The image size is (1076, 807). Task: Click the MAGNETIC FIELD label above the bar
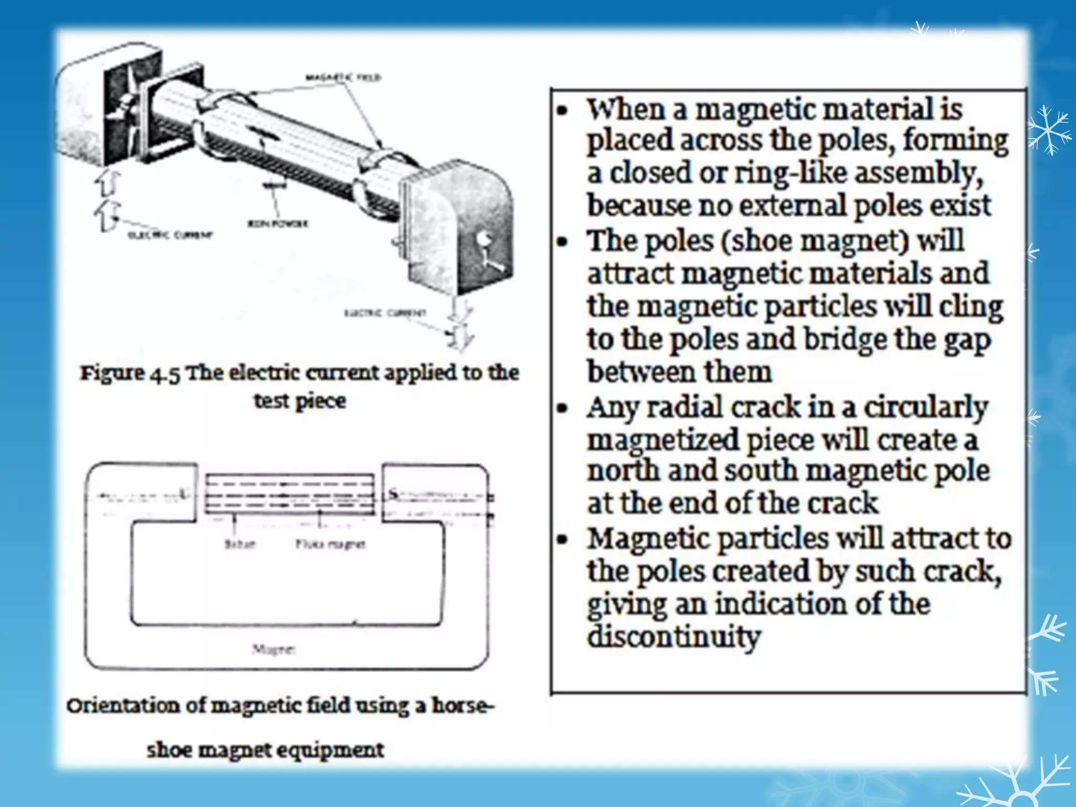(x=344, y=78)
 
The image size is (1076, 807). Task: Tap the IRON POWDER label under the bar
(x=277, y=223)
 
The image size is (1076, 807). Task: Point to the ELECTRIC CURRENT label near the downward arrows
(x=385, y=313)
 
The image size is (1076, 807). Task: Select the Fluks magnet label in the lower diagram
(x=330, y=544)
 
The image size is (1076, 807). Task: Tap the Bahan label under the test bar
(x=240, y=544)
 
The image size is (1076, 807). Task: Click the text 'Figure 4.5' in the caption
(x=130, y=373)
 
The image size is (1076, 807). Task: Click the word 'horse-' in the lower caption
(x=462, y=705)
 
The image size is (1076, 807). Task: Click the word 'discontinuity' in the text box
(x=674, y=637)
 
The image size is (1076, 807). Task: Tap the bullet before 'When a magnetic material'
(x=563, y=111)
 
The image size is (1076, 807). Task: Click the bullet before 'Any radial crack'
(x=563, y=408)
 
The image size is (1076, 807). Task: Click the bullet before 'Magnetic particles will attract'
(x=563, y=540)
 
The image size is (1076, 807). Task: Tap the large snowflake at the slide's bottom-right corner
(x=1017, y=783)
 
